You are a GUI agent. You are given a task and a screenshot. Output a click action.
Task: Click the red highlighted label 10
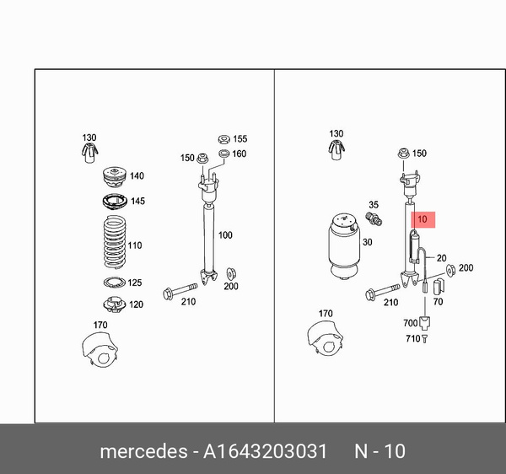(x=423, y=220)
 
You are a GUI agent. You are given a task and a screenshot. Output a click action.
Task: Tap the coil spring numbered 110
(x=115, y=242)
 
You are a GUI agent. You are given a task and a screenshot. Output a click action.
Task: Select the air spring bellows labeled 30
(x=344, y=245)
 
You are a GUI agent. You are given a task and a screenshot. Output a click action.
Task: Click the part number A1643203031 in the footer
(x=265, y=450)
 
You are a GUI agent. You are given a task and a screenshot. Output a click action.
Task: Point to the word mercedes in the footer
(x=143, y=450)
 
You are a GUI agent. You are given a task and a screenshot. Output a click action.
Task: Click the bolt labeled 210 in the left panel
(x=180, y=290)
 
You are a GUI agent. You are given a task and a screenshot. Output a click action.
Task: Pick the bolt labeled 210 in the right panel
(x=382, y=291)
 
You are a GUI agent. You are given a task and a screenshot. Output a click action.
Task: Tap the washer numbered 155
(x=223, y=139)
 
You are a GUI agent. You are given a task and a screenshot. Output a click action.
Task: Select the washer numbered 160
(x=223, y=154)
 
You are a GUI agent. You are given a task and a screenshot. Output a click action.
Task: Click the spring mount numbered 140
(x=115, y=177)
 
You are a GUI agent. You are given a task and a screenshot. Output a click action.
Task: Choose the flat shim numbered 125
(x=115, y=283)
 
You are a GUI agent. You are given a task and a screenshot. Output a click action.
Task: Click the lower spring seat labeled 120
(x=115, y=304)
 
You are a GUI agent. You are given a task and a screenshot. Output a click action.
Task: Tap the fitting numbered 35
(x=374, y=218)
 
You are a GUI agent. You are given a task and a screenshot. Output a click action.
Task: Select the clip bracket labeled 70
(x=439, y=287)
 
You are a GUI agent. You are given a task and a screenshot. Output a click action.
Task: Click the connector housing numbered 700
(x=425, y=323)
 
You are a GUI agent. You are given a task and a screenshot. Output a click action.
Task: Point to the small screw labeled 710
(x=424, y=339)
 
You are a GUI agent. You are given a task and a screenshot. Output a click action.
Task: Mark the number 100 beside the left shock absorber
(x=225, y=235)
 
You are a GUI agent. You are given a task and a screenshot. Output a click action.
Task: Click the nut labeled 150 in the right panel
(x=403, y=154)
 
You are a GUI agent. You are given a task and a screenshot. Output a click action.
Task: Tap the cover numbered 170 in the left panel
(x=100, y=350)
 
